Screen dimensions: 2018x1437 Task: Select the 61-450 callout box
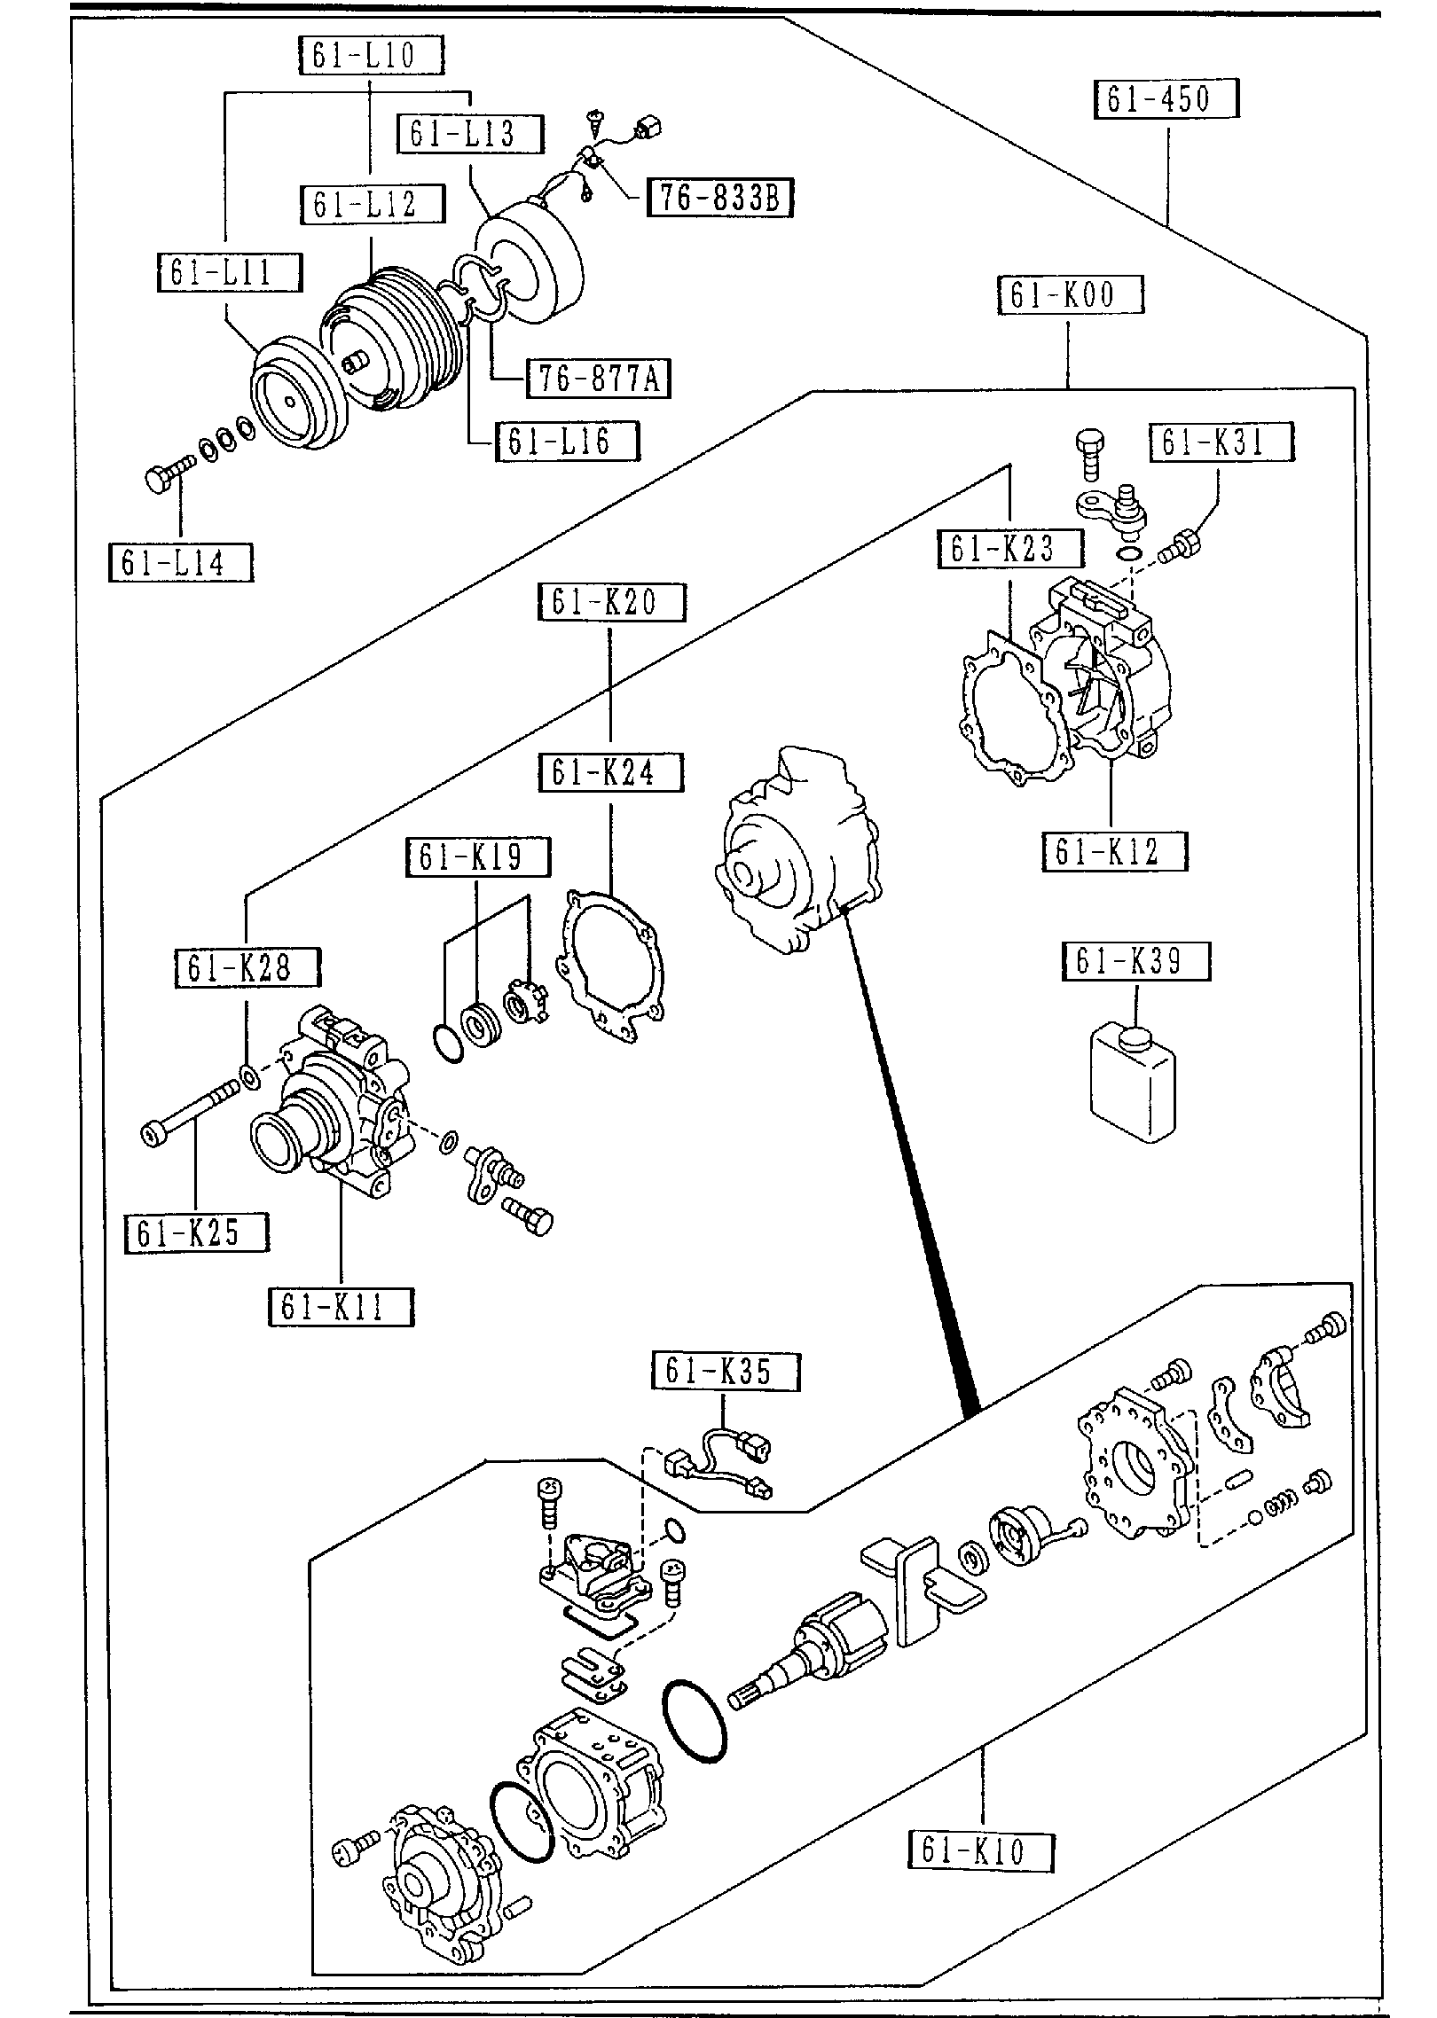coord(1166,99)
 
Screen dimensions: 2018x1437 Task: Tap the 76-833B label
coord(719,198)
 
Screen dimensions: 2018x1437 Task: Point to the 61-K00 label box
coord(1070,295)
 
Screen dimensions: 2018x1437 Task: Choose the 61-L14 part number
coord(180,563)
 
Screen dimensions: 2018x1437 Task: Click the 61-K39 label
coord(1135,962)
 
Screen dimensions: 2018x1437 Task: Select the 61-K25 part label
coord(196,1232)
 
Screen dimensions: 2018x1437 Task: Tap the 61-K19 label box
coord(477,856)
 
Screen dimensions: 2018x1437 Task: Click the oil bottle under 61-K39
coord(1132,1081)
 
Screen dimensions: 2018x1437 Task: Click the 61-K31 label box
coord(1221,442)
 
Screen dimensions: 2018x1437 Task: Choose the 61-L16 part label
coord(566,441)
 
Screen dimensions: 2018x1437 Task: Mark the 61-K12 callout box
coord(1113,852)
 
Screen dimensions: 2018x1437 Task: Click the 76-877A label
coord(597,379)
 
